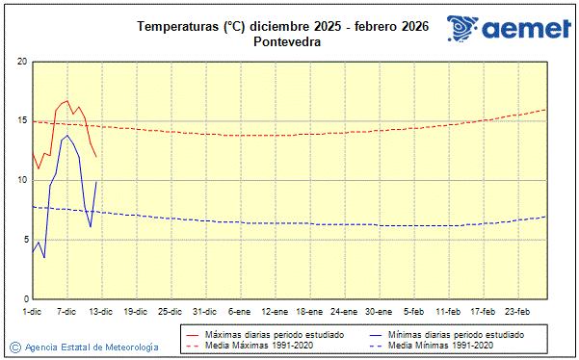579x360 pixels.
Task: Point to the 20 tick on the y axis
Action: pos(22,62)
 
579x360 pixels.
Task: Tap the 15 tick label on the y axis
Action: pos(22,121)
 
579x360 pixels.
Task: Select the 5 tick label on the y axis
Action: pos(24,240)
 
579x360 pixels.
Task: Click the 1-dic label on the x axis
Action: pos(32,311)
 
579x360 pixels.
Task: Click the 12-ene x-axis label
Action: pos(275,311)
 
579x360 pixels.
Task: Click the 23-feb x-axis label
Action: pos(518,311)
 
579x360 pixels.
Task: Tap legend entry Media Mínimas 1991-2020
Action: pos(440,346)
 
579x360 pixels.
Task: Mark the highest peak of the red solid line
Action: pos(66,100)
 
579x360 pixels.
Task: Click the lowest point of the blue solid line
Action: pos(43,257)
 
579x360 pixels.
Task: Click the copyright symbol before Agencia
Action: pos(15,347)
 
